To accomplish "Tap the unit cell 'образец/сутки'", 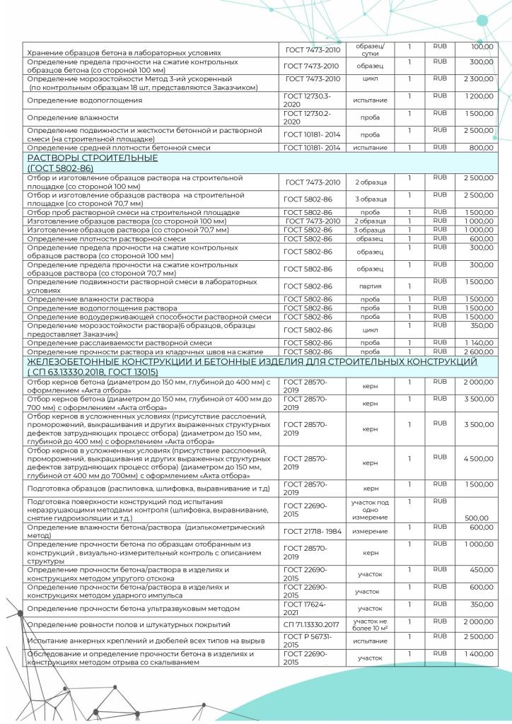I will [x=370, y=49].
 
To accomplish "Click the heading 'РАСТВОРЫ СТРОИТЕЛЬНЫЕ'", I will [x=92, y=158].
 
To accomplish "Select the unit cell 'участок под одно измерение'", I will [x=370, y=509].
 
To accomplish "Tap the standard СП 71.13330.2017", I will [x=312, y=624].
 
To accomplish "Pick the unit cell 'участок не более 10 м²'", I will [x=370, y=624].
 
